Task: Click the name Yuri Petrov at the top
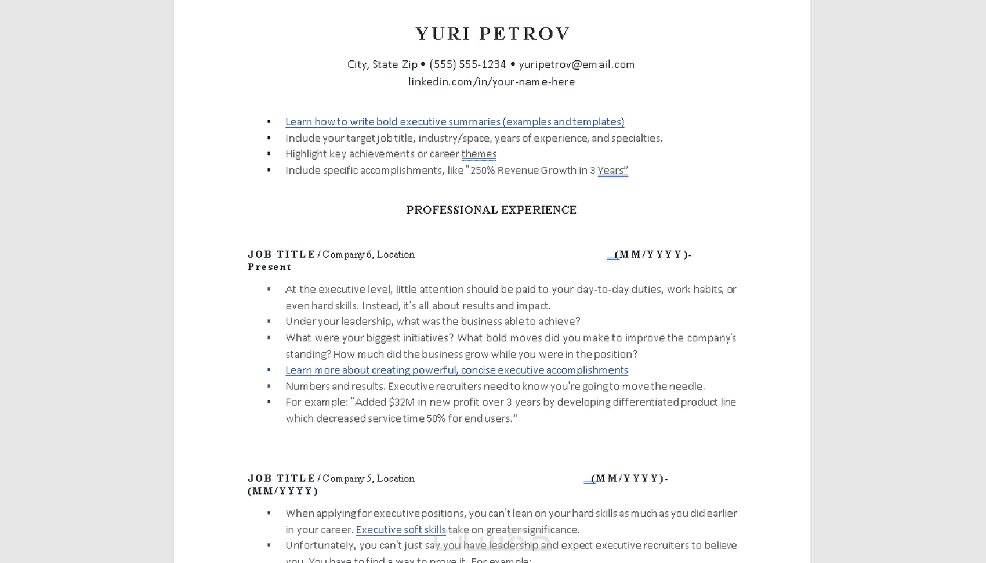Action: click(492, 34)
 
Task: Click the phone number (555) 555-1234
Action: click(467, 64)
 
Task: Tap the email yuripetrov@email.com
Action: click(577, 64)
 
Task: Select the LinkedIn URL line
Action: click(491, 82)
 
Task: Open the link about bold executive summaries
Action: click(454, 122)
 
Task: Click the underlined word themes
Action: click(478, 154)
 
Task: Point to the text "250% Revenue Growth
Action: click(523, 170)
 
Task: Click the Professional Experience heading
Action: click(491, 210)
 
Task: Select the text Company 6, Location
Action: click(368, 254)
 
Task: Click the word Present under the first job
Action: click(269, 267)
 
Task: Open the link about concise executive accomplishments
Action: click(456, 370)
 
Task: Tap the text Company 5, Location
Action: click(368, 478)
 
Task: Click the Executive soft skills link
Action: click(400, 529)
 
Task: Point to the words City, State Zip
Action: click(382, 64)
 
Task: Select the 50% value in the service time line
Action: click(436, 418)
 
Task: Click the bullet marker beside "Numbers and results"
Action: click(269, 386)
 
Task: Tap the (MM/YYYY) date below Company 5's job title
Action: click(282, 491)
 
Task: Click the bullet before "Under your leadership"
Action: click(269, 321)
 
